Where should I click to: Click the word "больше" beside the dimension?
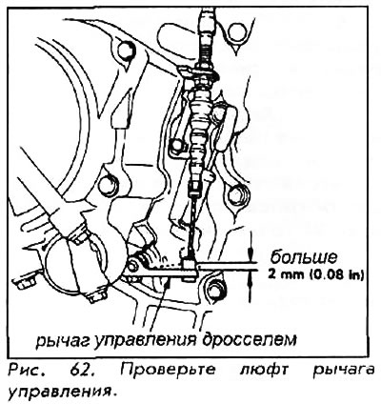[304, 257]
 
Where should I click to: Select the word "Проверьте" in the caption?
[168, 371]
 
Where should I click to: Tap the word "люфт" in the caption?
[263, 371]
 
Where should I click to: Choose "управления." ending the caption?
[60, 392]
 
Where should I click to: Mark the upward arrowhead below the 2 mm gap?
[250, 278]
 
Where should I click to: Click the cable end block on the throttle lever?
[190, 270]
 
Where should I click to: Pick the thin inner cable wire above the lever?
[192, 227]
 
